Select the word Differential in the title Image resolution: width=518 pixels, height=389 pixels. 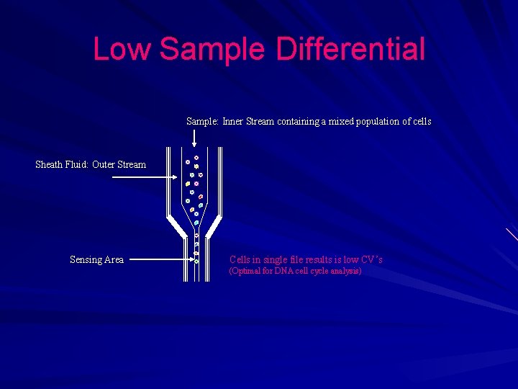tap(350, 50)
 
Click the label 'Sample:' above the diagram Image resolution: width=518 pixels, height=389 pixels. tap(203, 122)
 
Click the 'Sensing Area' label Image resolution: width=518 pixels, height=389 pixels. tap(96, 260)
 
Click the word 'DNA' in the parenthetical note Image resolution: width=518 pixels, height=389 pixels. tap(283, 272)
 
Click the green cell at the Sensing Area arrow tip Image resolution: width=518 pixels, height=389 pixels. tap(196, 260)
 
